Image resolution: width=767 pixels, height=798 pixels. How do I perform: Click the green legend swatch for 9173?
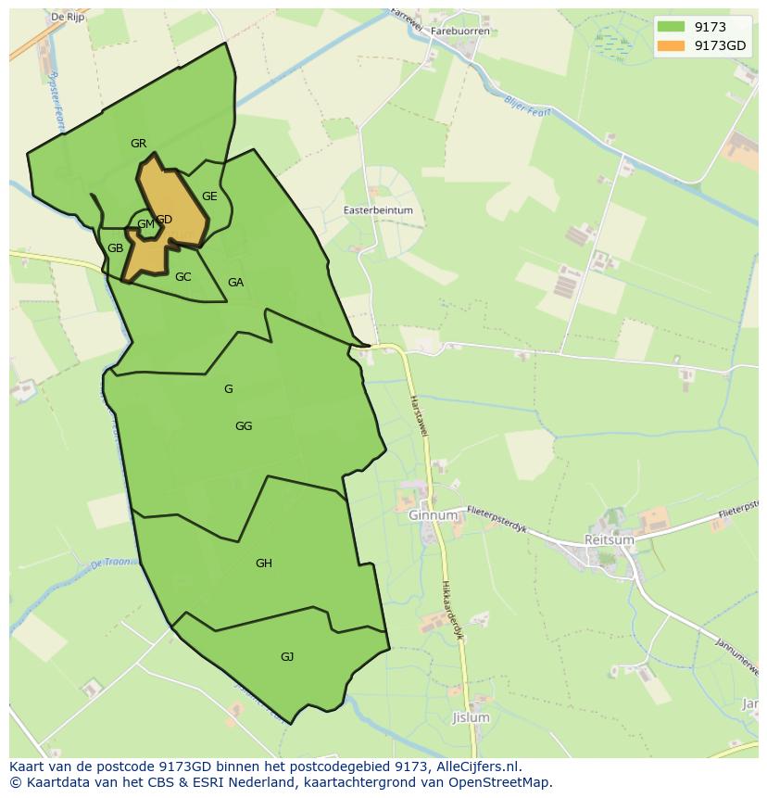tap(672, 27)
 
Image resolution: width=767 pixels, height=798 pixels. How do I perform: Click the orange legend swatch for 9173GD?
tap(672, 45)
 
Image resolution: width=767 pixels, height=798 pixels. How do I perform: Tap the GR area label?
tap(139, 144)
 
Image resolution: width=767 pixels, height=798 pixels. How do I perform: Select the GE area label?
tap(209, 196)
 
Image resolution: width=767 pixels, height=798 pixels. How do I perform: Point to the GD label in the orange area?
tap(164, 220)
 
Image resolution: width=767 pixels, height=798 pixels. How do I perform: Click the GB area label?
tap(115, 248)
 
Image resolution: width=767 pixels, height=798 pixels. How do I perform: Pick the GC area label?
tap(182, 277)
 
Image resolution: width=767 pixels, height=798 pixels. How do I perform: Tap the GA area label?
tap(235, 283)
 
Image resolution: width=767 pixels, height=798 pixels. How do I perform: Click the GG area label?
tap(244, 426)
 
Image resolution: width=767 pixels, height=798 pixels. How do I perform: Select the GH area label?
tap(264, 564)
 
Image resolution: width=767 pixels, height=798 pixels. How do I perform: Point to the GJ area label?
tap(287, 657)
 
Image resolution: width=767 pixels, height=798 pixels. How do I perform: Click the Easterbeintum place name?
tap(378, 210)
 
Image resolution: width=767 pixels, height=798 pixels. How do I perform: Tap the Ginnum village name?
tap(433, 515)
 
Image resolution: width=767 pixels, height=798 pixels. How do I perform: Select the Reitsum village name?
tap(609, 539)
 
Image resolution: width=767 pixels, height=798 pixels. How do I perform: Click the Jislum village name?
tap(471, 718)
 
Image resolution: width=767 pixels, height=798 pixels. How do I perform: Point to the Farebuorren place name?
tap(460, 31)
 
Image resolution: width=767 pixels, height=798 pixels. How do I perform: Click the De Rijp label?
tap(69, 17)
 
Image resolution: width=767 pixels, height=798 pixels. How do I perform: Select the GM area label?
tap(145, 224)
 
